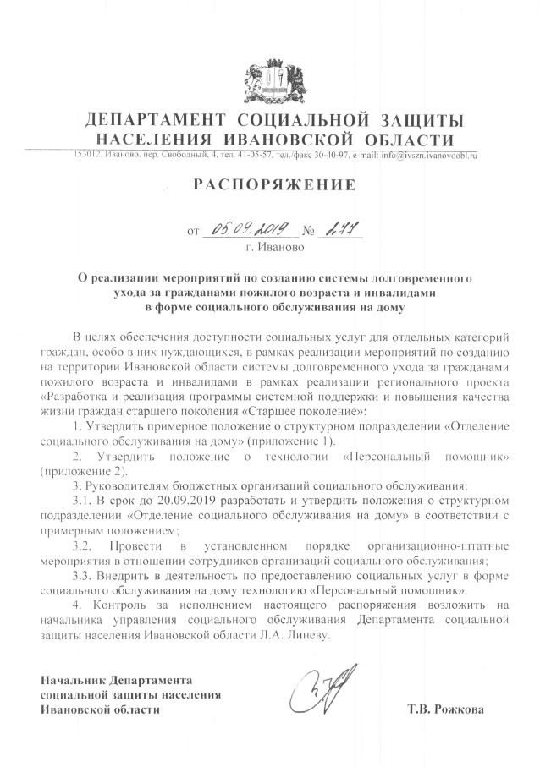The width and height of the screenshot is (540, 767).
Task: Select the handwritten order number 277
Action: pos(337,229)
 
